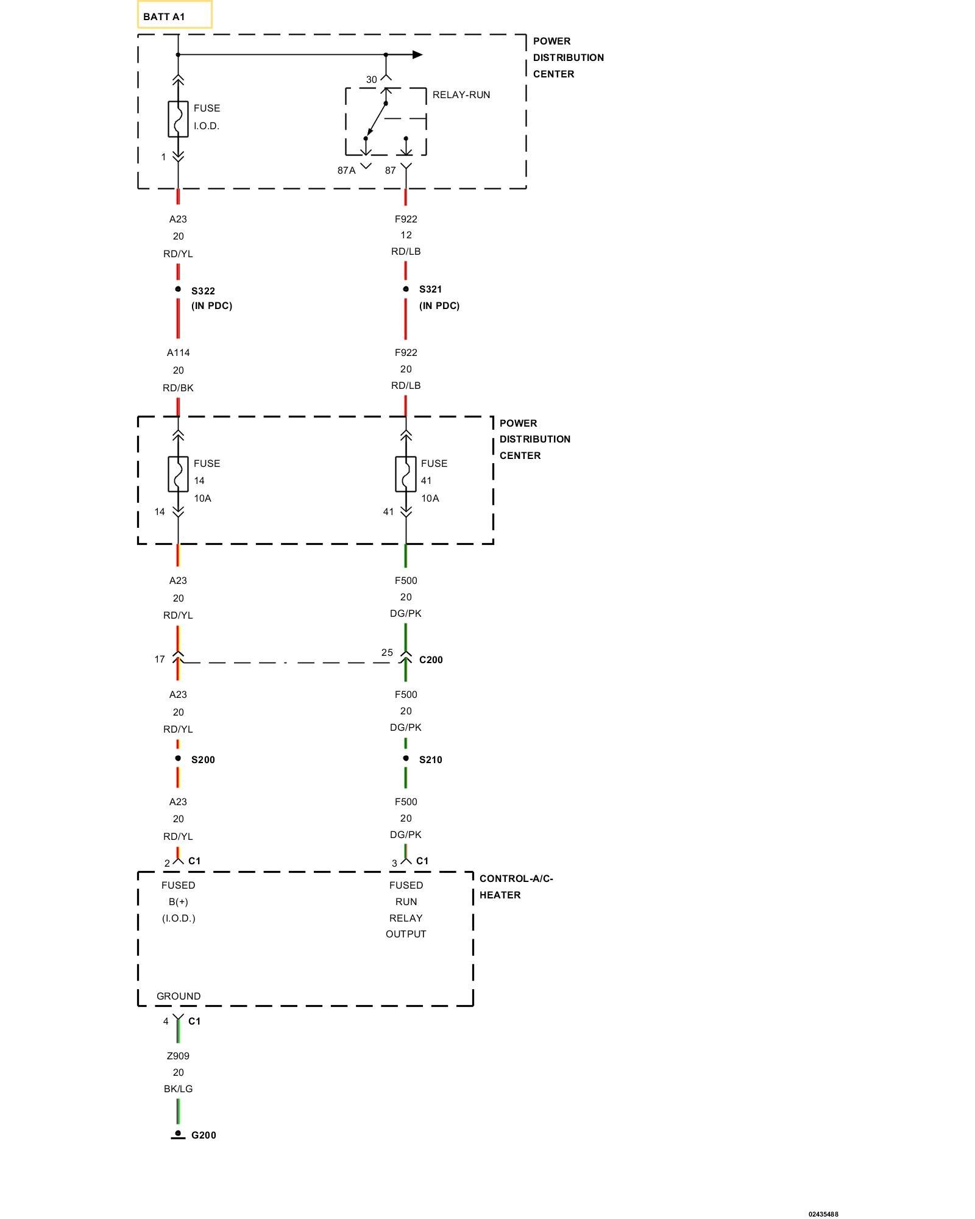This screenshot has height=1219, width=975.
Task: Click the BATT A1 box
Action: (174, 15)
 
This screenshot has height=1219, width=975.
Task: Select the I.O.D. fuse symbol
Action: (178, 119)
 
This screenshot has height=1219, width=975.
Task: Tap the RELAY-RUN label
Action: (461, 95)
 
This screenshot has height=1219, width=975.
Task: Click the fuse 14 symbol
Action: (178, 474)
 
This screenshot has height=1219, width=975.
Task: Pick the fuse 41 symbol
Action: (406, 474)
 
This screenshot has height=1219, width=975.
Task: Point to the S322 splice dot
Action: (178, 289)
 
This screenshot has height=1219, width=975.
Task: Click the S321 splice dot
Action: (406, 289)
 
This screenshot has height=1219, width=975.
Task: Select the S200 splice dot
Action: (178, 758)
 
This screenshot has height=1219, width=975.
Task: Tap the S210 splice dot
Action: (406, 758)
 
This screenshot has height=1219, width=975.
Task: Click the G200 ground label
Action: (204, 1135)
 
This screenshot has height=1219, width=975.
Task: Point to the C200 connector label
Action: (431, 659)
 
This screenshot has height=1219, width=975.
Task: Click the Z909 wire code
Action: (178, 1056)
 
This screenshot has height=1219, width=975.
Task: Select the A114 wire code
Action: (178, 352)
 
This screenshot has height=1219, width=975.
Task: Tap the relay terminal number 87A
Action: (346, 171)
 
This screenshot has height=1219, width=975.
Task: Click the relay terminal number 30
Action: (371, 80)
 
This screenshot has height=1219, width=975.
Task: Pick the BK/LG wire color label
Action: (178, 1089)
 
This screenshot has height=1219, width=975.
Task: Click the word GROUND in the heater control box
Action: (179, 996)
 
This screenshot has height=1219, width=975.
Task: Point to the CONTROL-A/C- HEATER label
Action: (516, 886)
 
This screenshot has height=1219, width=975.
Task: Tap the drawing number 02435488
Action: (823, 1214)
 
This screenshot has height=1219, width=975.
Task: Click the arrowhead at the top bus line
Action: (417, 55)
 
